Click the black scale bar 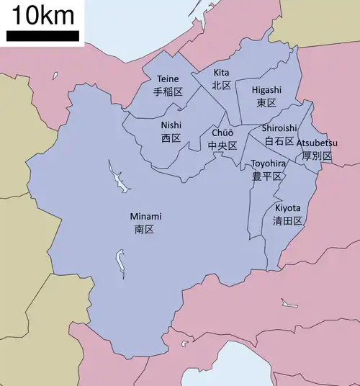tap(43, 35)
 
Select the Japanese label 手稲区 tap(168, 91)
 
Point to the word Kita tap(221, 73)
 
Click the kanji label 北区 tap(221, 85)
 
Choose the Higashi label tap(266, 90)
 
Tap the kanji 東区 tap(266, 103)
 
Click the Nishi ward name tap(171, 125)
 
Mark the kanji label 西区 tap(171, 138)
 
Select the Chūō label tap(222, 133)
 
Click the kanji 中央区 tap(222, 145)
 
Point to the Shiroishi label tap(279, 128)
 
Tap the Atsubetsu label tap(317, 143)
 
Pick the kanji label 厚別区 tap(317, 156)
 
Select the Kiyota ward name tap(288, 208)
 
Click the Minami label tap(145, 216)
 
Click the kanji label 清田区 tap(288, 221)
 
